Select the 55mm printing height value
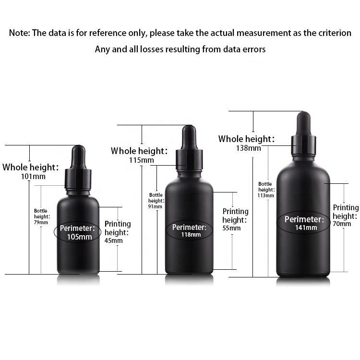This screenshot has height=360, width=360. (231, 228)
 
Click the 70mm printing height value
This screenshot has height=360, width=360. (342, 224)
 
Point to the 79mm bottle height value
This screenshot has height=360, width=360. (41, 222)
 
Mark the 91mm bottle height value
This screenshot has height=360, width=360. (156, 206)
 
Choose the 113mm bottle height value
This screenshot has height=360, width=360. (265, 195)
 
